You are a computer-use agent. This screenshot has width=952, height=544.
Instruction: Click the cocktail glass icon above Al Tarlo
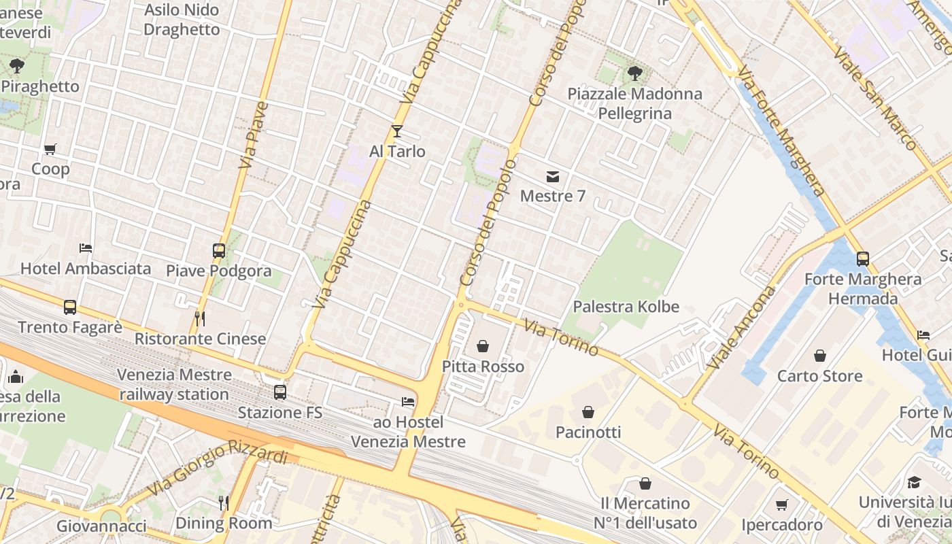(397, 131)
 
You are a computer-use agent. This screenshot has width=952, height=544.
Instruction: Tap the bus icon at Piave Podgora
(218, 250)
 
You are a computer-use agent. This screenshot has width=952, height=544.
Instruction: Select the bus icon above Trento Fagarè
(70, 307)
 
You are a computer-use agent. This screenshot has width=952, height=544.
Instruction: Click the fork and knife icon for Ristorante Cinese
(199, 318)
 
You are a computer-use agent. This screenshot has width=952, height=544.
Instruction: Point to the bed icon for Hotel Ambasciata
(86, 248)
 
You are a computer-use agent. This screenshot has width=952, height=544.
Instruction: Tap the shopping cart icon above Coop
(50, 149)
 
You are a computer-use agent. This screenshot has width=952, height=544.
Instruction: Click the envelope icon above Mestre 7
(552, 177)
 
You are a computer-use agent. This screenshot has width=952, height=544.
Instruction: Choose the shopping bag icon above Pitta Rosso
(483, 346)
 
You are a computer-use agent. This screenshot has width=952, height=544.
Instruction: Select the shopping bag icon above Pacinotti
(588, 412)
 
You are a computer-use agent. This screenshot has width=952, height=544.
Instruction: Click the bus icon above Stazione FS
(279, 392)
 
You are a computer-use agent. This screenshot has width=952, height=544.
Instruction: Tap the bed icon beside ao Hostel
(408, 402)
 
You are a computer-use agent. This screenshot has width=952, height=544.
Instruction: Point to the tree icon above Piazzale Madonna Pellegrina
(634, 73)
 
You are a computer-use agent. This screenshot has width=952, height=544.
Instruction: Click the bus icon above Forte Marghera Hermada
(862, 259)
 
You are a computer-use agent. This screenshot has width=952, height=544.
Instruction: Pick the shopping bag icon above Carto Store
(820, 356)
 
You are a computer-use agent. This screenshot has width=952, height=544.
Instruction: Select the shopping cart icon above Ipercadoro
(782, 505)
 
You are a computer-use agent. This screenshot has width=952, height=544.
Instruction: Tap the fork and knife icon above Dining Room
(223, 503)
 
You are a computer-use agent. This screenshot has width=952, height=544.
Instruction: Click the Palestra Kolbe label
(626, 307)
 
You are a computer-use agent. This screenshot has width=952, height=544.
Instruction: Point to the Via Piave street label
(254, 135)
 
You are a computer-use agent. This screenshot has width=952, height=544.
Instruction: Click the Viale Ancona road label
(742, 328)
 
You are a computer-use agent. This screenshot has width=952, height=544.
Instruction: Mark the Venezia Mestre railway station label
(174, 384)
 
